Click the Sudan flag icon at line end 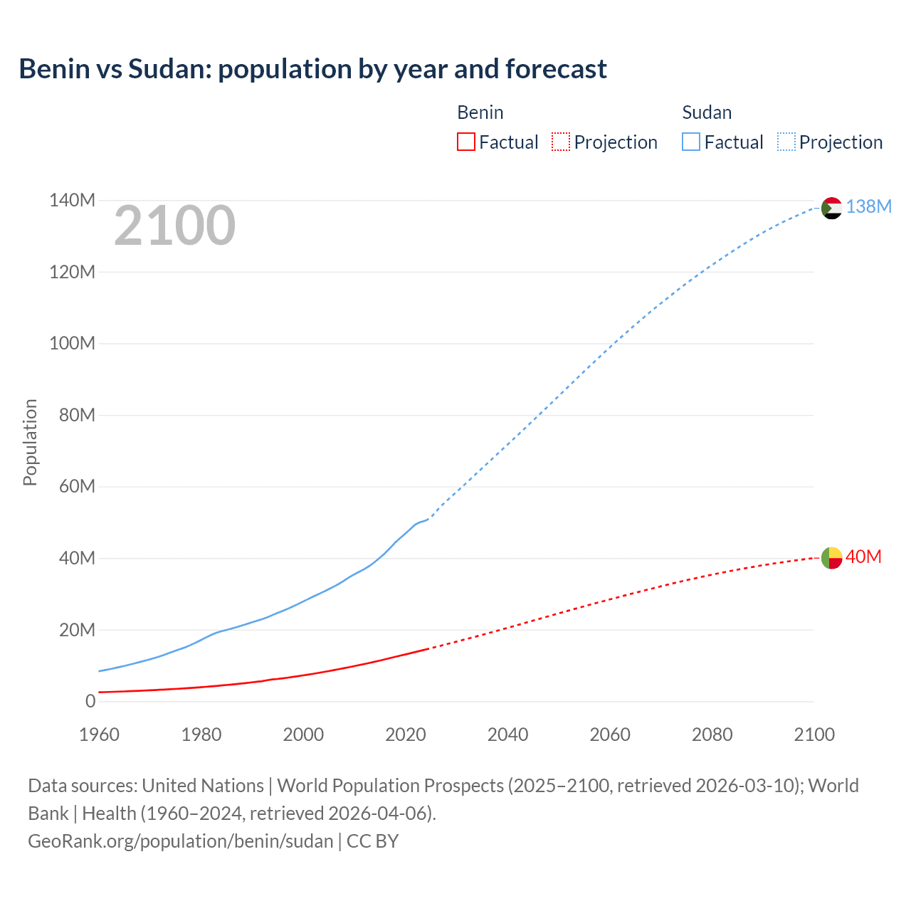pyautogui.click(x=831, y=208)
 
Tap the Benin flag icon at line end pyautogui.click(x=831, y=558)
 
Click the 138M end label pyautogui.click(x=868, y=206)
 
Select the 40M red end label pyautogui.click(x=863, y=557)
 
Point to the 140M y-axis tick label pyautogui.click(x=72, y=201)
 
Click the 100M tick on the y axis pyautogui.click(x=72, y=344)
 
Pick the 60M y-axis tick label pyautogui.click(x=77, y=487)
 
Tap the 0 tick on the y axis pyautogui.click(x=90, y=702)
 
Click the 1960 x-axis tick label pyautogui.click(x=99, y=734)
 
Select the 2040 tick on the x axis pyautogui.click(x=507, y=734)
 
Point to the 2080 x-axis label pyautogui.click(x=712, y=734)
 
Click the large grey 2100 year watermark pyautogui.click(x=174, y=226)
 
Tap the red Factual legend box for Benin pyautogui.click(x=465, y=142)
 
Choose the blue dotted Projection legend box pyautogui.click(x=786, y=142)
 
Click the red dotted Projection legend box pyautogui.click(x=561, y=142)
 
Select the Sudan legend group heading pyautogui.click(x=706, y=112)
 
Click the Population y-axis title pyautogui.click(x=30, y=442)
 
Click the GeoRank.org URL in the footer pyautogui.click(x=180, y=841)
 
